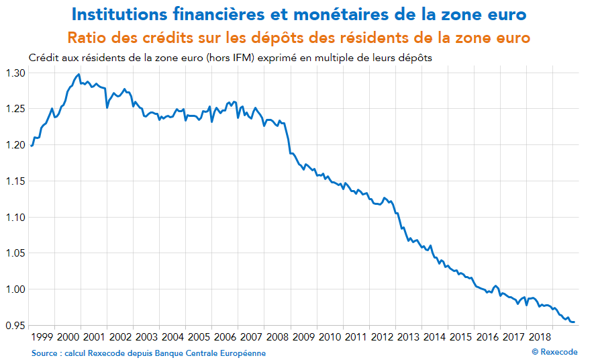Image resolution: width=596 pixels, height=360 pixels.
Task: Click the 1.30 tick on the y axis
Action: (15, 73)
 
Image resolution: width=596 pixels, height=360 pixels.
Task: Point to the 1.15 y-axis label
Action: (15, 181)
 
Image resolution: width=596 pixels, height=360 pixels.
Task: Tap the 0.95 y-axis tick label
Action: (15, 326)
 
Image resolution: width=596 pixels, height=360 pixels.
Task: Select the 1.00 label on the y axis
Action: (15, 289)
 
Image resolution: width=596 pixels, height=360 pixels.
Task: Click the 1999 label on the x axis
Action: (42, 336)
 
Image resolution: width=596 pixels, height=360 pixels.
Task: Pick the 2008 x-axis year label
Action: (278, 336)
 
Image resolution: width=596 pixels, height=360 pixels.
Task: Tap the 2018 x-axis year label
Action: (540, 336)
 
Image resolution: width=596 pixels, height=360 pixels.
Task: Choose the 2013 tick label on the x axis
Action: (409, 336)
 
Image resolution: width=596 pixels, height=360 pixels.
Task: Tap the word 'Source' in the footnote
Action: (45, 353)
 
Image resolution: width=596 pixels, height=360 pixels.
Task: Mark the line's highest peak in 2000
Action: (79, 75)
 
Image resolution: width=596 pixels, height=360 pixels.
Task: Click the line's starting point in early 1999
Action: (31, 146)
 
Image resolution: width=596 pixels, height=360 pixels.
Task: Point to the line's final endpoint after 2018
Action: (575, 322)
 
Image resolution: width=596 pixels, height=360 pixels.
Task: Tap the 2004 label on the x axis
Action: (172, 336)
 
